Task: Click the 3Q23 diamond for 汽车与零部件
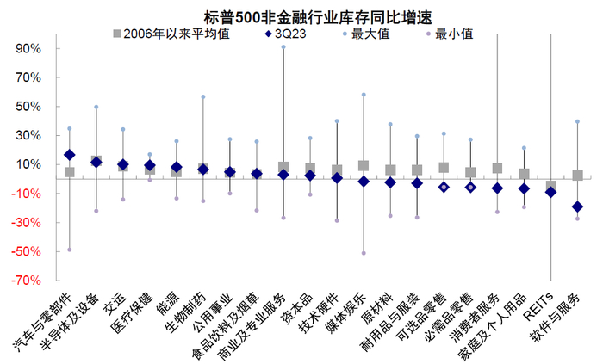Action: (x=70, y=155)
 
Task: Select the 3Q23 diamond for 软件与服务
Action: (x=577, y=207)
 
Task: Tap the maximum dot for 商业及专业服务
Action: (x=283, y=47)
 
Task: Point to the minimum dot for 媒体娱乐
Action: (x=364, y=253)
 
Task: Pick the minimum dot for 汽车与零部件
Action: (x=70, y=250)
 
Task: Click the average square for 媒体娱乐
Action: (x=364, y=165)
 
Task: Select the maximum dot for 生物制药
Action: (x=203, y=97)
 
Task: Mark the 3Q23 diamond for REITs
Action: (x=550, y=192)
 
